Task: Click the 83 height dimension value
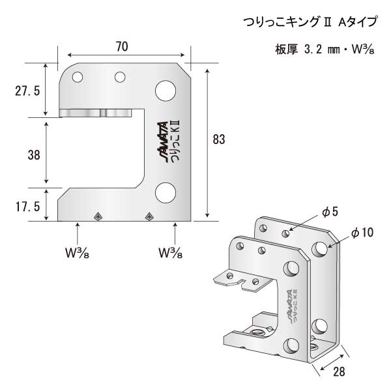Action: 220,138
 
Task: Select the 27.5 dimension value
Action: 27,91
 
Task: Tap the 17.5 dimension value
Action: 27,205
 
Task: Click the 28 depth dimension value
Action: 338,373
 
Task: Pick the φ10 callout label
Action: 361,232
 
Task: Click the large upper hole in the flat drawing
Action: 165,90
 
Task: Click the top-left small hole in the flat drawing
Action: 78,78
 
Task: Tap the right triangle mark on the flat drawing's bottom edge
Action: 149,216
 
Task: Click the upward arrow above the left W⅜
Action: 78,232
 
